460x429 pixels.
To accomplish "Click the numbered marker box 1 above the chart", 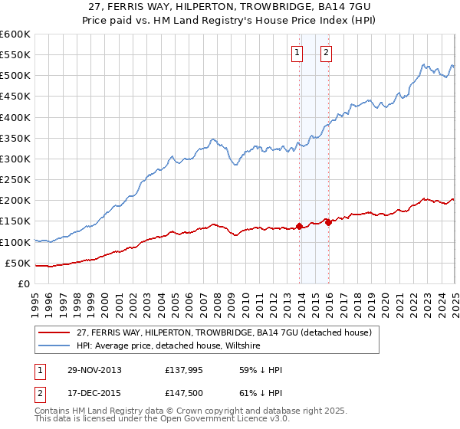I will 297,53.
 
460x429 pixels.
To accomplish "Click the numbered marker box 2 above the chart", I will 326,53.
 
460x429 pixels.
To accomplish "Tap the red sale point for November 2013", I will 300,226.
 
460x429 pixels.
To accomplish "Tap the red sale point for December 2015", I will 328,222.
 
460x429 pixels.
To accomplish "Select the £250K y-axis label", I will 15,180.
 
